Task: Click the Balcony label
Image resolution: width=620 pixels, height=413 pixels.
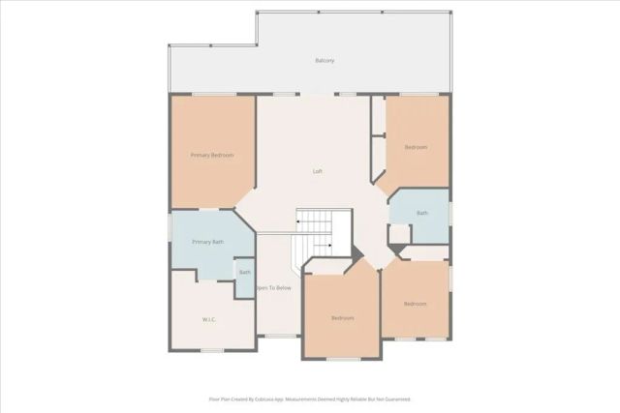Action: coord(325,60)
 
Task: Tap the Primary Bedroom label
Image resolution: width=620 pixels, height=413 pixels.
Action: coord(211,155)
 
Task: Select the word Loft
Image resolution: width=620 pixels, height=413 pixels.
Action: coord(317,171)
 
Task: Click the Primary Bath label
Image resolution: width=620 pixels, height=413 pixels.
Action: coord(207,242)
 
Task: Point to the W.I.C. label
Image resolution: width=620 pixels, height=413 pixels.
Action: coord(208,319)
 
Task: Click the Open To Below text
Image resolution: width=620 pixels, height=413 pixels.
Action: coord(273,288)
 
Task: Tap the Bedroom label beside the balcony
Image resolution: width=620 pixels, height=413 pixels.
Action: coord(416,147)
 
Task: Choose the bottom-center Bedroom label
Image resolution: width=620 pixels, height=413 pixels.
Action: coord(342,318)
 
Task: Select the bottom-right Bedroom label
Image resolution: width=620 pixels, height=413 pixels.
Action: coord(415,304)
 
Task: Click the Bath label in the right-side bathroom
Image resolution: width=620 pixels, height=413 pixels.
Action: coord(422,213)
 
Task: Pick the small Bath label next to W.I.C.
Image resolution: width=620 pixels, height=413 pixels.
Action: coord(244,273)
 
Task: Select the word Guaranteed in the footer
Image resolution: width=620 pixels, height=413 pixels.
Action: coord(392,398)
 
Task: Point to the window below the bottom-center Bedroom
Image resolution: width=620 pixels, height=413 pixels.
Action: coord(341,359)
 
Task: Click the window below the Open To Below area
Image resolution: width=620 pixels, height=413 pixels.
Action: coord(280,336)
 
